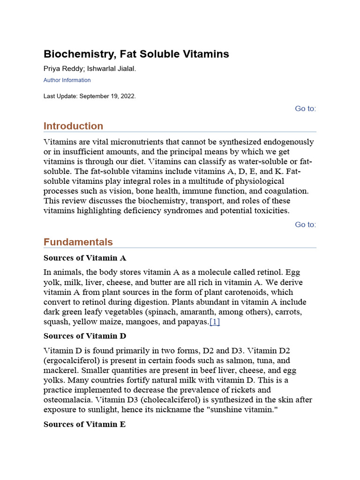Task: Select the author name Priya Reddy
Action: pos(59,69)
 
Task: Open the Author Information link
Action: pos(67,80)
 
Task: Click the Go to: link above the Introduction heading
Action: pos(305,109)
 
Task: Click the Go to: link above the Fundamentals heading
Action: pos(305,225)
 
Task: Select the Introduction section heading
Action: pos(73,126)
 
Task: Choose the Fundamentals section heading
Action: pos(78,242)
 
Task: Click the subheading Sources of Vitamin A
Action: pos(85,258)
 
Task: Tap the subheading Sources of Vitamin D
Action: pos(85,336)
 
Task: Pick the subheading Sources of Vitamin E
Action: pos(84,424)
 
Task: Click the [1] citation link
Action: pos(215,322)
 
